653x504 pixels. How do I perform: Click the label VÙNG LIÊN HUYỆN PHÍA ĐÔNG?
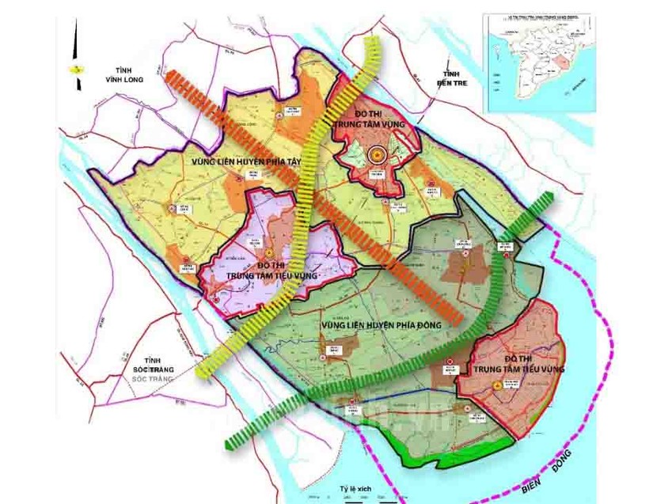tap(380, 324)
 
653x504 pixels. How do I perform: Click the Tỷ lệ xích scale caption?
tap(355, 490)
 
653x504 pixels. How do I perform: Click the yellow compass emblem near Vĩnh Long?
tap(77, 69)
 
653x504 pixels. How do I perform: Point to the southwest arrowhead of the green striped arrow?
tap(232, 443)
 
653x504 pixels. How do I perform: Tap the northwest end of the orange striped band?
tap(171, 77)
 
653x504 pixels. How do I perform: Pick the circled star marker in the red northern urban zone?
tap(378, 155)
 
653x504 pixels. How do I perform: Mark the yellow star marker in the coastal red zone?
tap(497, 385)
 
